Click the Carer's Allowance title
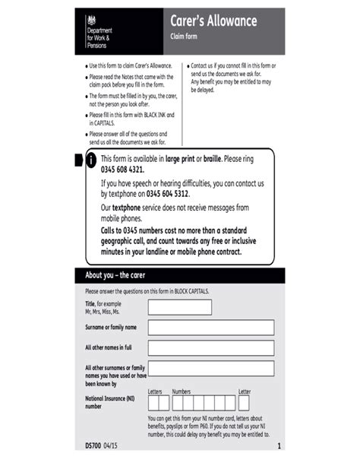[215, 21]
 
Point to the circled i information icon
[91, 160]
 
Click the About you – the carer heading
[115, 274]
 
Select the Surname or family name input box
[210, 328]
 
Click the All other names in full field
[210, 348]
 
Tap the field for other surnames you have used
[210, 369]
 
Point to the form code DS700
[93, 445]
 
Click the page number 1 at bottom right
[279, 445]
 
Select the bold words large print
[180, 159]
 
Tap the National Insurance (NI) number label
[110, 402]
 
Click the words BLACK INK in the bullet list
[155, 115]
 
